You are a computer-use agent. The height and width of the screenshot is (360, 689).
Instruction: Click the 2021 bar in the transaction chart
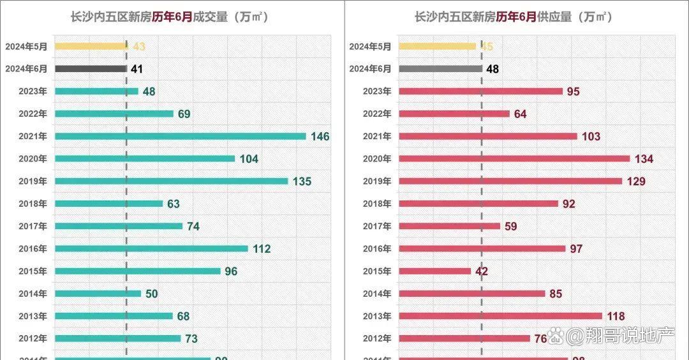pos(181,136)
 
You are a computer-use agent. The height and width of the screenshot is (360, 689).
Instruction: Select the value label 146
pos(320,137)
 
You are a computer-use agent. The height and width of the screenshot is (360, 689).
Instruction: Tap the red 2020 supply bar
pos(514,158)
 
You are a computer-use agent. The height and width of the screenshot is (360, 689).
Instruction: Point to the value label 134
pos(644,159)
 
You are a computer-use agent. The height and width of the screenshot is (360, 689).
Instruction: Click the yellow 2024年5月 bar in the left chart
pos(91,46)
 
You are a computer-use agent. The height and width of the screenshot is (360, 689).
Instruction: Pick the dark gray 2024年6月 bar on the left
pos(91,68)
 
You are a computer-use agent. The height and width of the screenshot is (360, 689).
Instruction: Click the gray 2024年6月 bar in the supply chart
pos(440,68)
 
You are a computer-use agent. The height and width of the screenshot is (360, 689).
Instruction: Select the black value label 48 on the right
pos(493,69)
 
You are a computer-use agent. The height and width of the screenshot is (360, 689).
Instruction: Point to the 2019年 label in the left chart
pos(33,181)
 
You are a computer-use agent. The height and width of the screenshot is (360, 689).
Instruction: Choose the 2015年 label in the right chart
pos(377,271)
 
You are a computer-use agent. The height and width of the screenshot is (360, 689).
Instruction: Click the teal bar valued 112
pos(151,248)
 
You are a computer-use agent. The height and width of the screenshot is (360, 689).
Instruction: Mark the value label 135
pos(302,181)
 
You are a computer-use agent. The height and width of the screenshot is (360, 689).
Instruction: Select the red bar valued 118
pos(500,316)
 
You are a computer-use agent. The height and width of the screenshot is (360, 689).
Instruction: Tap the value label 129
pos(636,181)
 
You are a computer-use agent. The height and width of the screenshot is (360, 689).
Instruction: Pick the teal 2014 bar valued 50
pos(98,294)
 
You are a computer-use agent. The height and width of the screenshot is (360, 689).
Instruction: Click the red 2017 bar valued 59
pos(449,226)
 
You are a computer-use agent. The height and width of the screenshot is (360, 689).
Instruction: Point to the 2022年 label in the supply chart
pos(377,114)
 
